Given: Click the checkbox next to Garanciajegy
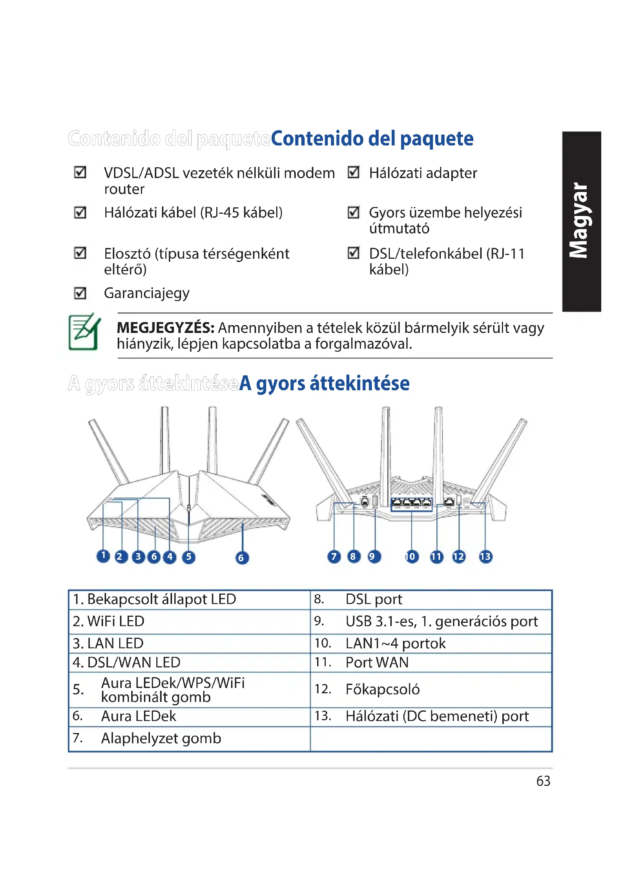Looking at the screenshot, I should tap(80, 293).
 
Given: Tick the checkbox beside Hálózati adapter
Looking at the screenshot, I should tap(353, 172).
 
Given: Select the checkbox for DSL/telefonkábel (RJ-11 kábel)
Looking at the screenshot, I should tap(353, 253).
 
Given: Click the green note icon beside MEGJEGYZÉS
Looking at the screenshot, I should tap(84, 331).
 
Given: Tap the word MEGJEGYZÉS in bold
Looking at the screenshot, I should tap(165, 328).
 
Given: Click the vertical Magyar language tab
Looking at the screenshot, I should tap(581, 221).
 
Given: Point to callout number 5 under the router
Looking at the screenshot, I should tap(189, 557).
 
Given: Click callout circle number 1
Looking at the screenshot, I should tap(103, 556).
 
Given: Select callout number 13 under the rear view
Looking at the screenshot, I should tap(485, 556).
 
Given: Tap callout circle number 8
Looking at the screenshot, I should tap(353, 556).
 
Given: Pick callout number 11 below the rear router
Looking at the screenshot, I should tap(436, 556).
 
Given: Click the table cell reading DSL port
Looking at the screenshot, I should tap(374, 599).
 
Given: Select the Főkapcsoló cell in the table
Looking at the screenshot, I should tap(383, 690).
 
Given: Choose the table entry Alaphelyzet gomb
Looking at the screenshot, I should tap(161, 738).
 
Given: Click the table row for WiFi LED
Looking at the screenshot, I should tap(116, 621).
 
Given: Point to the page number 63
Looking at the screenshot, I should tap(543, 781).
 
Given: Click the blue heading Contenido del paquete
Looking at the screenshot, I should tap(372, 139).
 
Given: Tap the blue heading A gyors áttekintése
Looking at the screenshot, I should tap(324, 384).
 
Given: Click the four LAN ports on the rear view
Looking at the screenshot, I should tap(412, 503).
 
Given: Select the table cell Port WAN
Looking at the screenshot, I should tap(377, 663).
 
